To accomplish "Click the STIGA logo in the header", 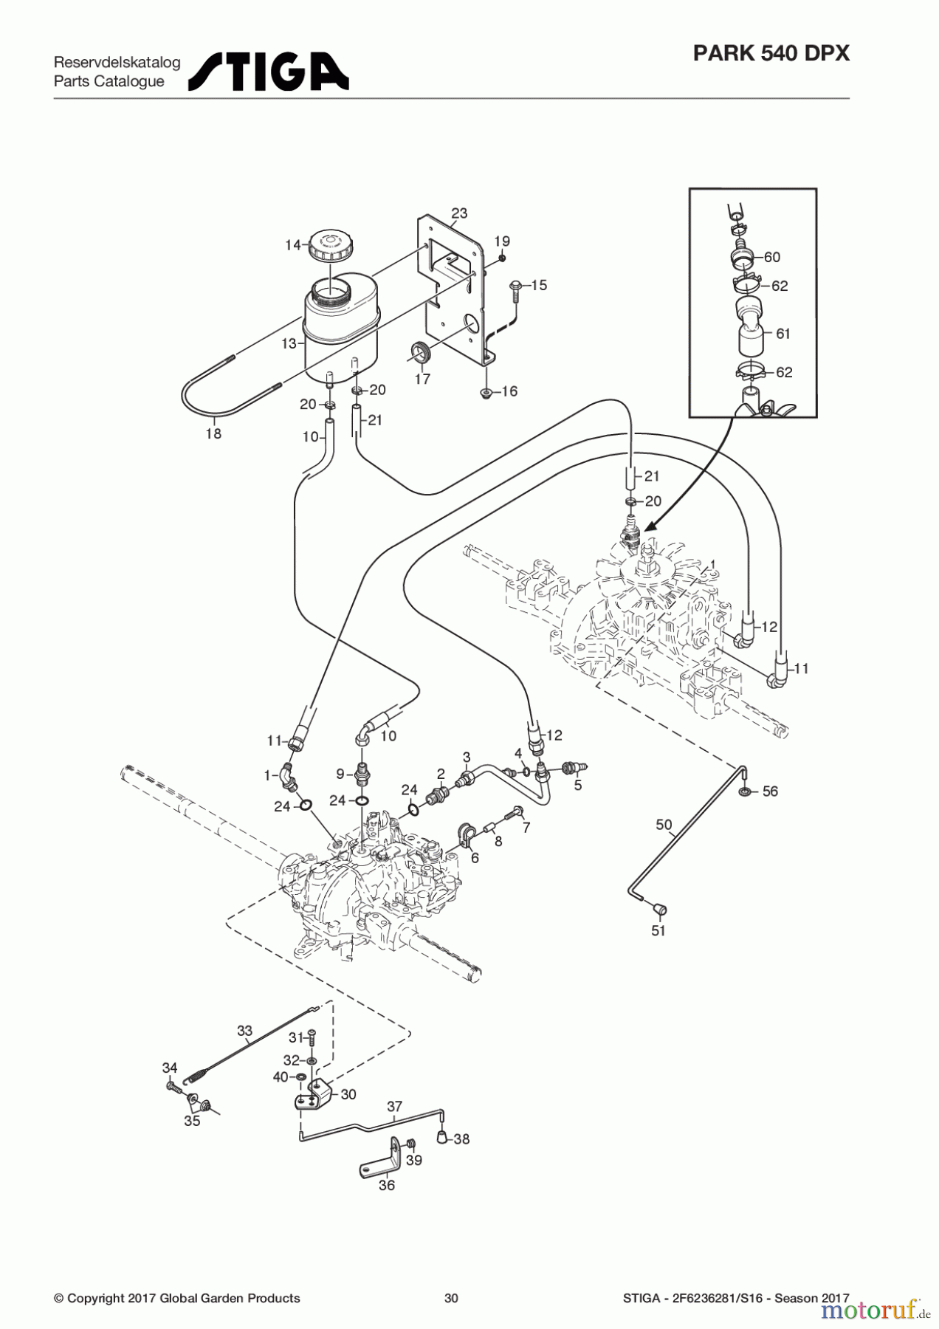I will [269, 71].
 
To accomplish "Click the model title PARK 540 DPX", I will [771, 53].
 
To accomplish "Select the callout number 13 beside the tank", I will [289, 343].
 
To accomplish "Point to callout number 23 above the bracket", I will [459, 213].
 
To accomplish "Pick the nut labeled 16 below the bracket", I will [485, 392].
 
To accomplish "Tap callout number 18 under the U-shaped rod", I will [213, 433].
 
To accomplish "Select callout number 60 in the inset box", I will [771, 257].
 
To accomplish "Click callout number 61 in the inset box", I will [782, 333].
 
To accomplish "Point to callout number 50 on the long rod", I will [664, 824].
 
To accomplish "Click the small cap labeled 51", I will [659, 909].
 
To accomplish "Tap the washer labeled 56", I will [746, 791].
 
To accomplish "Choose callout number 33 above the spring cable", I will [244, 1031].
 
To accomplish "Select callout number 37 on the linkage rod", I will [394, 1106].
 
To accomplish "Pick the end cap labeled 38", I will [443, 1138].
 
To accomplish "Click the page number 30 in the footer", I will [451, 1298].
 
